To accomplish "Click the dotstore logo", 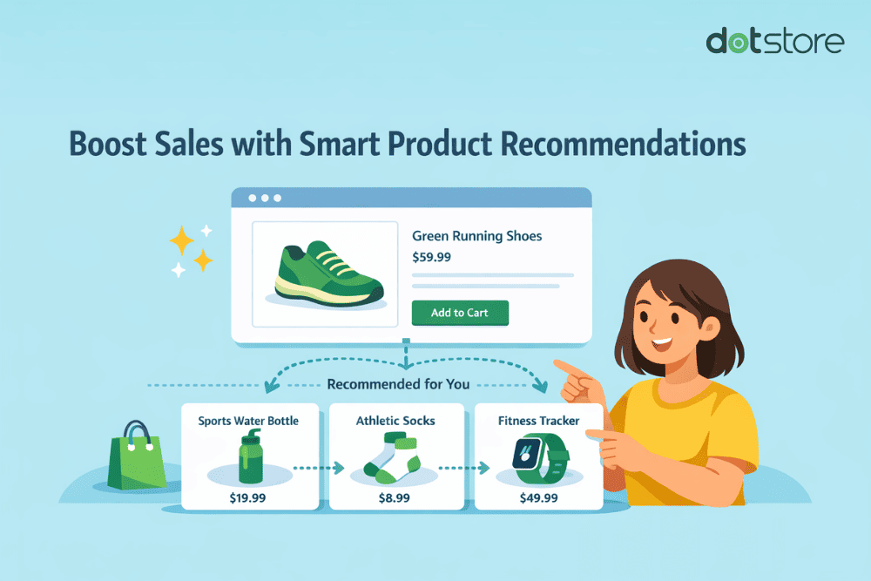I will click(x=773, y=42).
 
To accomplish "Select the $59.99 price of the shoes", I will click(x=431, y=257).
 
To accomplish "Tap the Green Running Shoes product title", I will click(x=476, y=236).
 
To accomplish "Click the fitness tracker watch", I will click(x=538, y=459).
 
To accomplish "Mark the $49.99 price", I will click(x=538, y=497).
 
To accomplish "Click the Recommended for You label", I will click(x=397, y=384).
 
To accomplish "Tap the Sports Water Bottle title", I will click(x=248, y=421).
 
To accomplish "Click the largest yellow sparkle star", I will click(x=182, y=239).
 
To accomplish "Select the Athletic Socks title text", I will click(x=395, y=421).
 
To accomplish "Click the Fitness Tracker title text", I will click(x=538, y=421).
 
